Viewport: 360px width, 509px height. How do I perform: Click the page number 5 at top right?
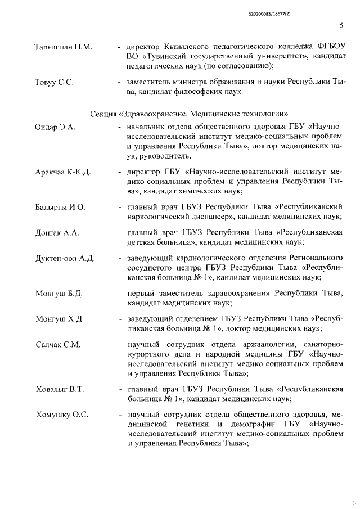click(x=341, y=25)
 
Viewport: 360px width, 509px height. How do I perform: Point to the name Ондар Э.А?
click(x=55, y=127)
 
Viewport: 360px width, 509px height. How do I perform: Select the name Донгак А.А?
click(x=57, y=232)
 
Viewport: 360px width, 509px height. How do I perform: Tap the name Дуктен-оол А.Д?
click(x=65, y=258)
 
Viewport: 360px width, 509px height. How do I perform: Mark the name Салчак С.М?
click(x=58, y=344)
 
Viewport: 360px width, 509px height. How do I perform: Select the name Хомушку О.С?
click(x=61, y=415)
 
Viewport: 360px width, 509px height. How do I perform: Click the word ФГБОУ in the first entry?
click(x=329, y=45)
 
